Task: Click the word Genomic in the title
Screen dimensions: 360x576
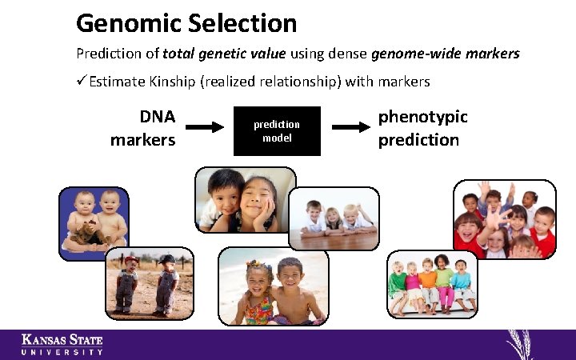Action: (129, 23)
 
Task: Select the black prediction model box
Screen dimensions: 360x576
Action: (277, 130)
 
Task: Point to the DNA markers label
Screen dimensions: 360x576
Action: (143, 128)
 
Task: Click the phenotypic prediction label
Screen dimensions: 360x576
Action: (422, 128)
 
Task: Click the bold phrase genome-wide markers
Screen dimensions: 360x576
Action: (446, 54)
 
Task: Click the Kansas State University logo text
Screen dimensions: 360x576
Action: (62, 344)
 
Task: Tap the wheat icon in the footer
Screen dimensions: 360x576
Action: (521, 344)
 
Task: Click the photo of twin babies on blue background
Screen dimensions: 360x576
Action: (94, 222)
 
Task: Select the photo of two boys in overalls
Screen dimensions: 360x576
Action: (149, 282)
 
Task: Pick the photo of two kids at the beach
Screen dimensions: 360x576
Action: (274, 286)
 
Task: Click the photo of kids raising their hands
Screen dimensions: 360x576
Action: (504, 218)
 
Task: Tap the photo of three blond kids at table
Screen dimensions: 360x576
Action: (334, 219)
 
